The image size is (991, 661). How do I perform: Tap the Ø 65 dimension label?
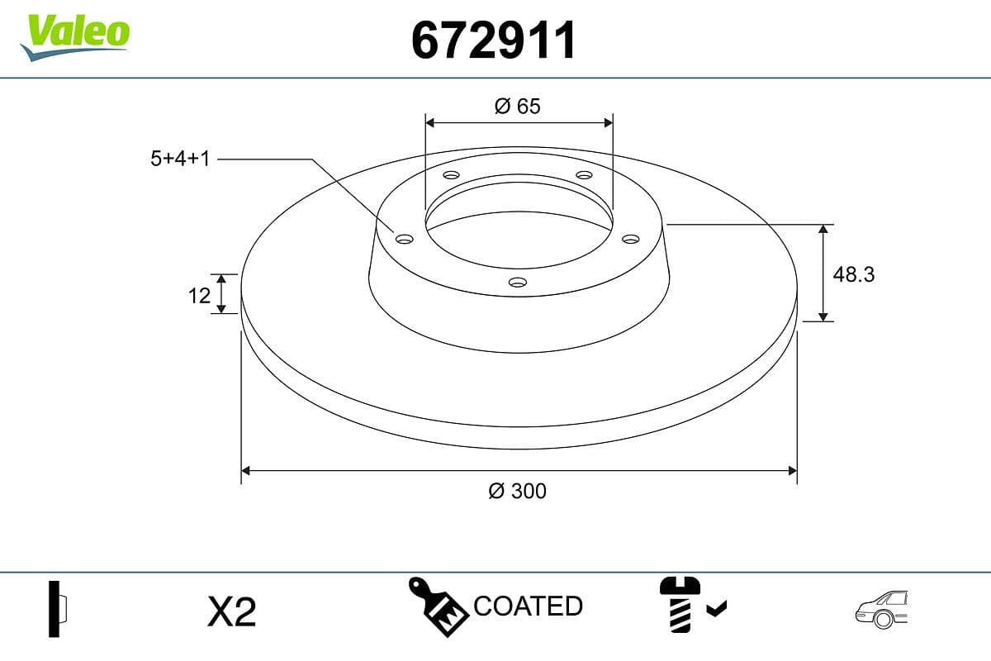click(x=518, y=106)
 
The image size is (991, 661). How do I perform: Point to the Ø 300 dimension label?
click(x=518, y=491)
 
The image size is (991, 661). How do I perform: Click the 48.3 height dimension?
click(x=854, y=274)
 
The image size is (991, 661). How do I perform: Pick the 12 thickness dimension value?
click(x=199, y=294)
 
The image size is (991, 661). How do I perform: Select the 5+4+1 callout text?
click(x=180, y=159)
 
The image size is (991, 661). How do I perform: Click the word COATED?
click(x=529, y=606)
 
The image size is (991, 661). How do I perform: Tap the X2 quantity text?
click(x=232, y=612)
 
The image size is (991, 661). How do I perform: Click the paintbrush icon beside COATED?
click(x=439, y=607)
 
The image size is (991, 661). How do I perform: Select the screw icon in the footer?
click(x=679, y=606)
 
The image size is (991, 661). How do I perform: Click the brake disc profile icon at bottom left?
click(x=57, y=609)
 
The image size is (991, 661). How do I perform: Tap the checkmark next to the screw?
click(x=717, y=610)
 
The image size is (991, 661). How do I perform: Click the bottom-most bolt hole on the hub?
click(x=518, y=283)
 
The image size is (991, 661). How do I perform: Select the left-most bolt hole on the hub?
click(x=404, y=239)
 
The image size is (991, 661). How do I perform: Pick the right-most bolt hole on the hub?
click(x=631, y=239)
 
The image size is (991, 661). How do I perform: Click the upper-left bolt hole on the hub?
click(x=451, y=175)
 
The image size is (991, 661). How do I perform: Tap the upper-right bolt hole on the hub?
click(x=585, y=175)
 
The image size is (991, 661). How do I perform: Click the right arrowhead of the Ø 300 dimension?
click(x=792, y=471)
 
